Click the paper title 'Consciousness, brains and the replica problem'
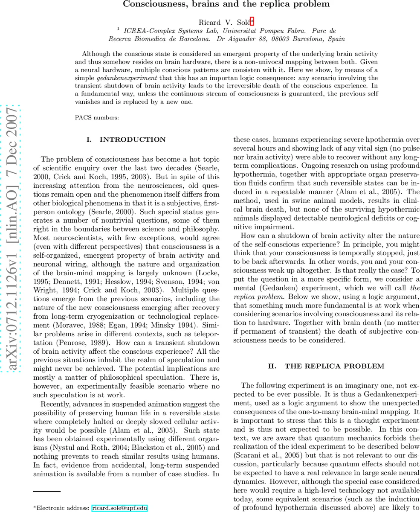(226, 4)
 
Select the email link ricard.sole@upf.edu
(119, 508)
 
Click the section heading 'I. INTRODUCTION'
(126, 140)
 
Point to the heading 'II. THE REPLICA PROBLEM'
(326, 366)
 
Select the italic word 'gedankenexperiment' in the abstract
(127, 78)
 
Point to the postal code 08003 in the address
(281, 39)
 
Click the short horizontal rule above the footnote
(47, 492)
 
